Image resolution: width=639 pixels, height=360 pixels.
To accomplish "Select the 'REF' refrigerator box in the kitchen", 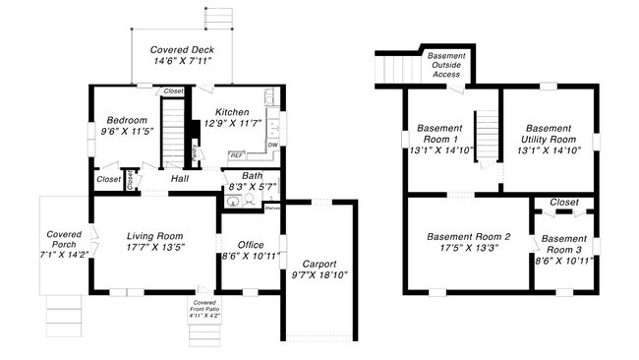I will click(237, 154).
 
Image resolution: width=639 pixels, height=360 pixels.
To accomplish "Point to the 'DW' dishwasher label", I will click(272, 146).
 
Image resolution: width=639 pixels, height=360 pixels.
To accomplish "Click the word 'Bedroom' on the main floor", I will click(127, 120).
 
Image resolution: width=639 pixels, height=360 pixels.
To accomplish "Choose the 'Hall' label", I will click(179, 179).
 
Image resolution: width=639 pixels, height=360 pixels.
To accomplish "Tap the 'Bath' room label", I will click(252, 175).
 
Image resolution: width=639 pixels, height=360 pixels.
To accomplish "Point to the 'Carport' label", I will click(319, 264).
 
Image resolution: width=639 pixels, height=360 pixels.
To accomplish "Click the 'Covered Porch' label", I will click(64, 241).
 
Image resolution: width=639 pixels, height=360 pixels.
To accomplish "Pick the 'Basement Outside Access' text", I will click(446, 64).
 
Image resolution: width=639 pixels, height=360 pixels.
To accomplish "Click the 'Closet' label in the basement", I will click(563, 202).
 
